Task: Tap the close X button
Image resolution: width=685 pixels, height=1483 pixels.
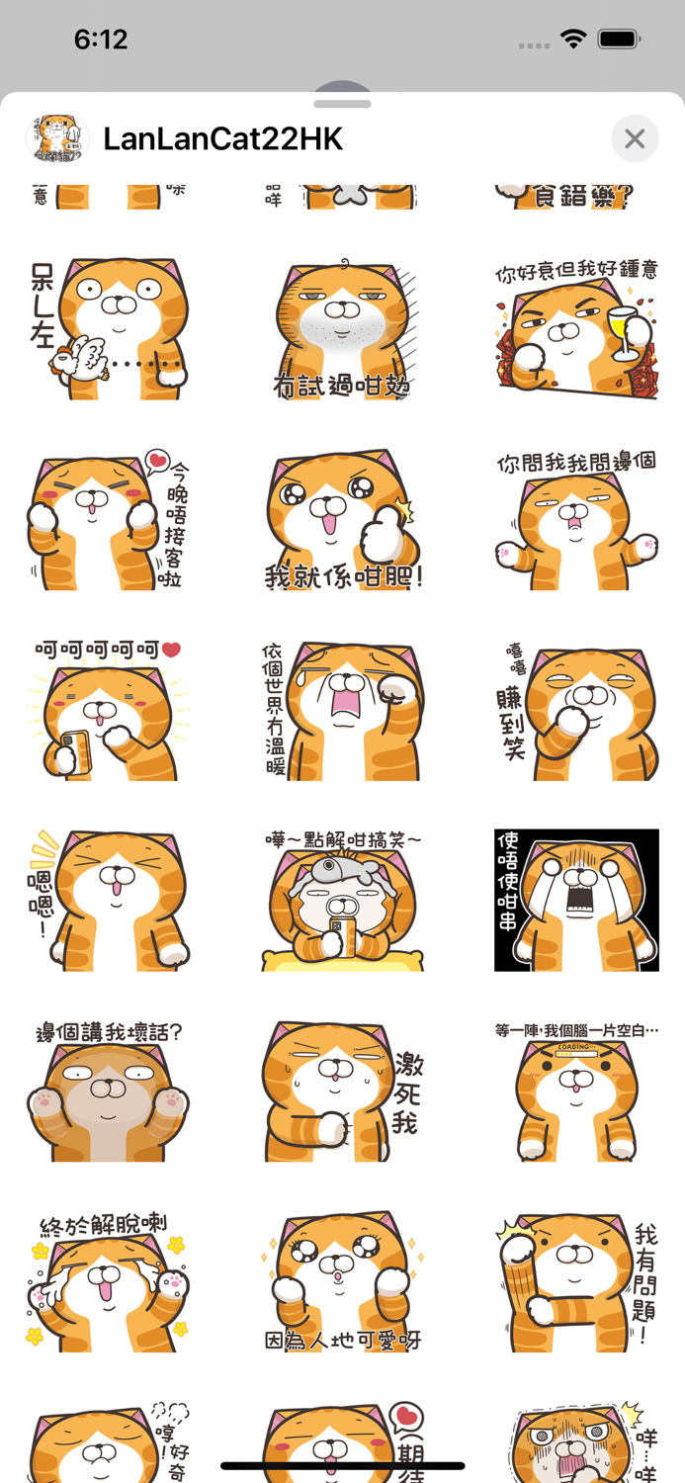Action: click(x=635, y=139)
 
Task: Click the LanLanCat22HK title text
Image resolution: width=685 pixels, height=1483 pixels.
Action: click(x=223, y=139)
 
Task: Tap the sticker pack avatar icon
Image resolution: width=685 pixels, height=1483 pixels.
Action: click(x=56, y=139)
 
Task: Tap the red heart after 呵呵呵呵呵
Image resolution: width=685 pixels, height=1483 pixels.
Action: click(x=171, y=651)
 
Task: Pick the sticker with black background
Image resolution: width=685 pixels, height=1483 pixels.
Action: click(x=576, y=900)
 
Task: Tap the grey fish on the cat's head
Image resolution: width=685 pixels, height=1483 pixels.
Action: click(x=342, y=874)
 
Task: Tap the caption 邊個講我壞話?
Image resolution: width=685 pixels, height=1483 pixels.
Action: click(x=109, y=1033)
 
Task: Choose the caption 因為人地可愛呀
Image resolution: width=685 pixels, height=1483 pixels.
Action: click(x=342, y=1341)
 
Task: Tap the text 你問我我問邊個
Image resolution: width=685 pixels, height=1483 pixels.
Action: click(x=576, y=463)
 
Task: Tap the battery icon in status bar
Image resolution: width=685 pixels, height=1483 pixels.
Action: click(x=620, y=40)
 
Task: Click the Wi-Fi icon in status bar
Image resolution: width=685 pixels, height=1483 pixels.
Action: click(x=572, y=40)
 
